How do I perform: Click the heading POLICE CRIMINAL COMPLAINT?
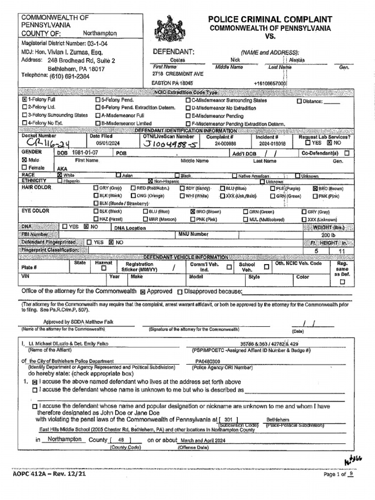point(271,19)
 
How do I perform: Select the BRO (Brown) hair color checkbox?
point(315,188)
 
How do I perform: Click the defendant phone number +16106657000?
point(270,83)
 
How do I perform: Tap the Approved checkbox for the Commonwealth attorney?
point(143,292)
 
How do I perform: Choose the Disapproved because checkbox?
point(180,292)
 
